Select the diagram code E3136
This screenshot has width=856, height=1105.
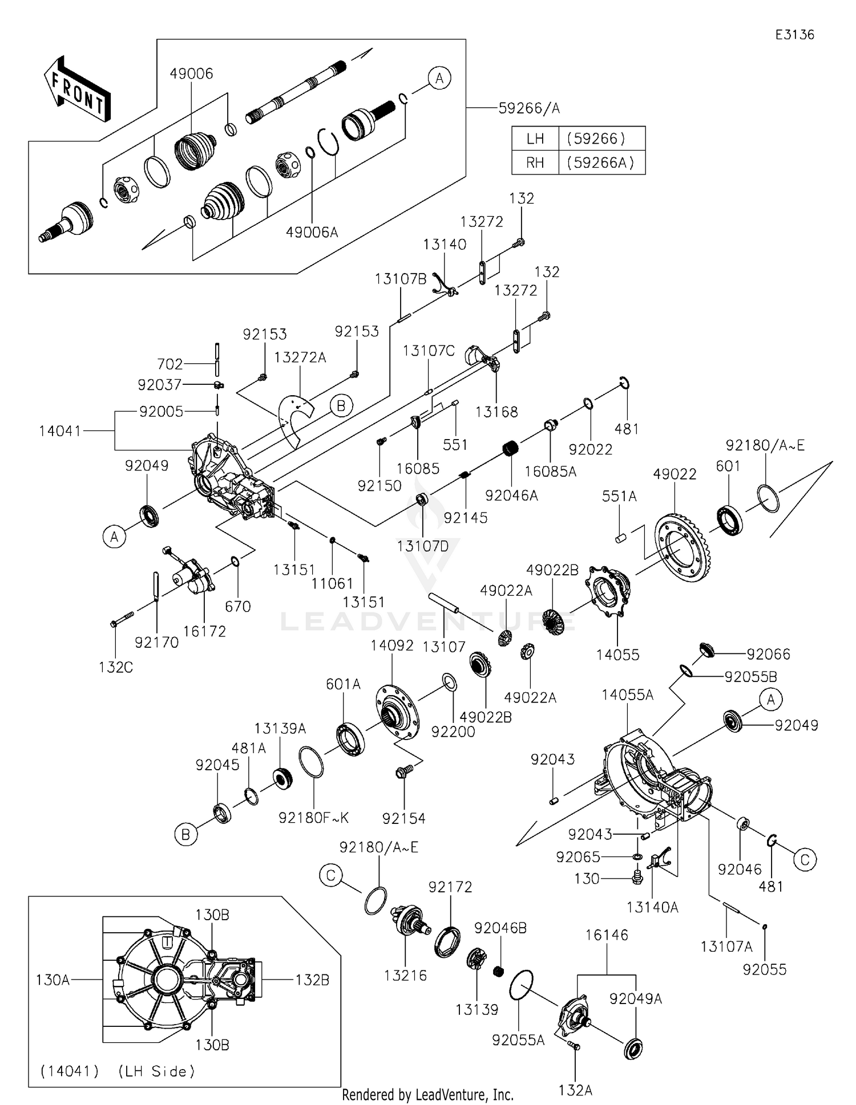pyautogui.click(x=794, y=35)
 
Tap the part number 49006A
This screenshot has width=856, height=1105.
pyautogui.click(x=312, y=232)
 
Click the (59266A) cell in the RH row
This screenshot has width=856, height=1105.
pyautogui.click(x=600, y=162)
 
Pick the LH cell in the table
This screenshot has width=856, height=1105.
pyautogui.click(x=535, y=139)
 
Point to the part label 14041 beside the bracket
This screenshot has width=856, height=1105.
pyautogui.click(x=60, y=431)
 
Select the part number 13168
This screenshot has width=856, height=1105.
pyautogui.click(x=496, y=412)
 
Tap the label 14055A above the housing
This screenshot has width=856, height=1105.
pyautogui.click(x=627, y=695)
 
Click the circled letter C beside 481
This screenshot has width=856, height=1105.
pyautogui.click(x=805, y=860)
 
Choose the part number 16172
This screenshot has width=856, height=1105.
pyautogui.click(x=204, y=631)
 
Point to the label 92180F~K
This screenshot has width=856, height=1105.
pyautogui.click(x=313, y=818)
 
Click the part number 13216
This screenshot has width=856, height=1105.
pyautogui.click(x=405, y=976)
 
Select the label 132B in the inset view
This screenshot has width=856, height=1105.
pyautogui.click(x=312, y=980)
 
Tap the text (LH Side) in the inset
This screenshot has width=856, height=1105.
pyautogui.click(x=156, y=1071)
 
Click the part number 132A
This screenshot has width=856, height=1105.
pyautogui.click(x=575, y=1090)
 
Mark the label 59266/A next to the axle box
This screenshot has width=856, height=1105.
pyautogui.click(x=529, y=108)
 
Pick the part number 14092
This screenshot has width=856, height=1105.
pyautogui.click(x=391, y=645)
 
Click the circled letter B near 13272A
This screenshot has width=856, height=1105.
pyautogui.click(x=341, y=406)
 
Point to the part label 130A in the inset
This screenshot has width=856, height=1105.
pyautogui.click(x=53, y=980)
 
